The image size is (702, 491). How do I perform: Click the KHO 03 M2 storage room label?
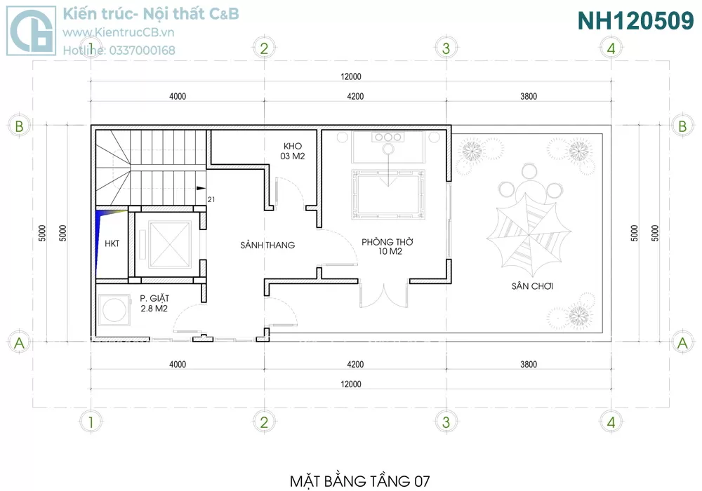click(x=292, y=151)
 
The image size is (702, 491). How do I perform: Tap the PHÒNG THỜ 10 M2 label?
click(x=388, y=246)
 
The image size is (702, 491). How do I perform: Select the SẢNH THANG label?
click(x=267, y=245)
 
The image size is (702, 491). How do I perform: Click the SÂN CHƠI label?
click(x=532, y=286)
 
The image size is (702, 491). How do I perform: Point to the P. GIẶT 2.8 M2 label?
click(x=154, y=303)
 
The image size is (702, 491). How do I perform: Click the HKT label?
click(x=112, y=243)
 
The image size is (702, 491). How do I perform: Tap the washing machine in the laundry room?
click(x=114, y=309)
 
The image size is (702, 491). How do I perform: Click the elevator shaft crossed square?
click(x=170, y=245)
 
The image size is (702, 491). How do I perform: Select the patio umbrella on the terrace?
click(x=529, y=235)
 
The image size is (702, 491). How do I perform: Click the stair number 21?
click(x=211, y=199)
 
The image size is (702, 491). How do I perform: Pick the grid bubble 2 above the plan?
click(x=264, y=48)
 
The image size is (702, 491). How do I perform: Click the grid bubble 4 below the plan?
click(x=611, y=422)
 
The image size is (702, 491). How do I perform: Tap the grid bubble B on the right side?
click(x=682, y=126)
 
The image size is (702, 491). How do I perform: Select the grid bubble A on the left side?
click(x=19, y=343)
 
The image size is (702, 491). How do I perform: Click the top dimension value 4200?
click(x=355, y=96)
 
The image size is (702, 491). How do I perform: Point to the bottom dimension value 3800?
click(x=529, y=365)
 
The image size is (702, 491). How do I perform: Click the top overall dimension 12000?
click(x=351, y=76)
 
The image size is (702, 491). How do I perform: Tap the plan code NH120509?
click(x=635, y=20)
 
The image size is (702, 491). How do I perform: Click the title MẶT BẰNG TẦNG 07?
click(x=360, y=481)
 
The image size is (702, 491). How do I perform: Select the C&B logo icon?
click(x=32, y=30)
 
